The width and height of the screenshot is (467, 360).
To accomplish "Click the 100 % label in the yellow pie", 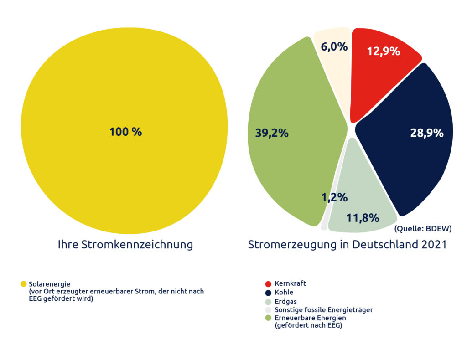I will click(125, 132).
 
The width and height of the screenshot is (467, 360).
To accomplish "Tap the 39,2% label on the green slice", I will click(272, 133).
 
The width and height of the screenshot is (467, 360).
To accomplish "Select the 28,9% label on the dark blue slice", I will click(427, 133).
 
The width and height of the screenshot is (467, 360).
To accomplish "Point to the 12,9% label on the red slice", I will click(384, 51).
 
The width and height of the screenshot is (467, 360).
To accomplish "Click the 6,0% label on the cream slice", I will click(334, 46).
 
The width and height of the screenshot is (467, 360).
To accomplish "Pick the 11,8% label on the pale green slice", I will click(363, 218).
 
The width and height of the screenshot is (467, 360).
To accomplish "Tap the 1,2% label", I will click(334, 197).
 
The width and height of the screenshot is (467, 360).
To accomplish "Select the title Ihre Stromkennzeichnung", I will click(125, 245).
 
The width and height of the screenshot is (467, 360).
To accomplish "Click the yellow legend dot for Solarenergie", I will click(24, 284).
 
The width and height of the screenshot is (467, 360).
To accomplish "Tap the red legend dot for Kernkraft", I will click(268, 284).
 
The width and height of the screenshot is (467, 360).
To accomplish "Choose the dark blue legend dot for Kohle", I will click(268, 293).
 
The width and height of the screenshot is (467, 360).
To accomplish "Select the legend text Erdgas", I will click(285, 301).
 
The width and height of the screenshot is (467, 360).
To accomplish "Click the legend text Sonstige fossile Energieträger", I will click(324, 310).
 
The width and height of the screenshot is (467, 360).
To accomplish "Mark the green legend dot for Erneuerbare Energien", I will click(268, 318).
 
